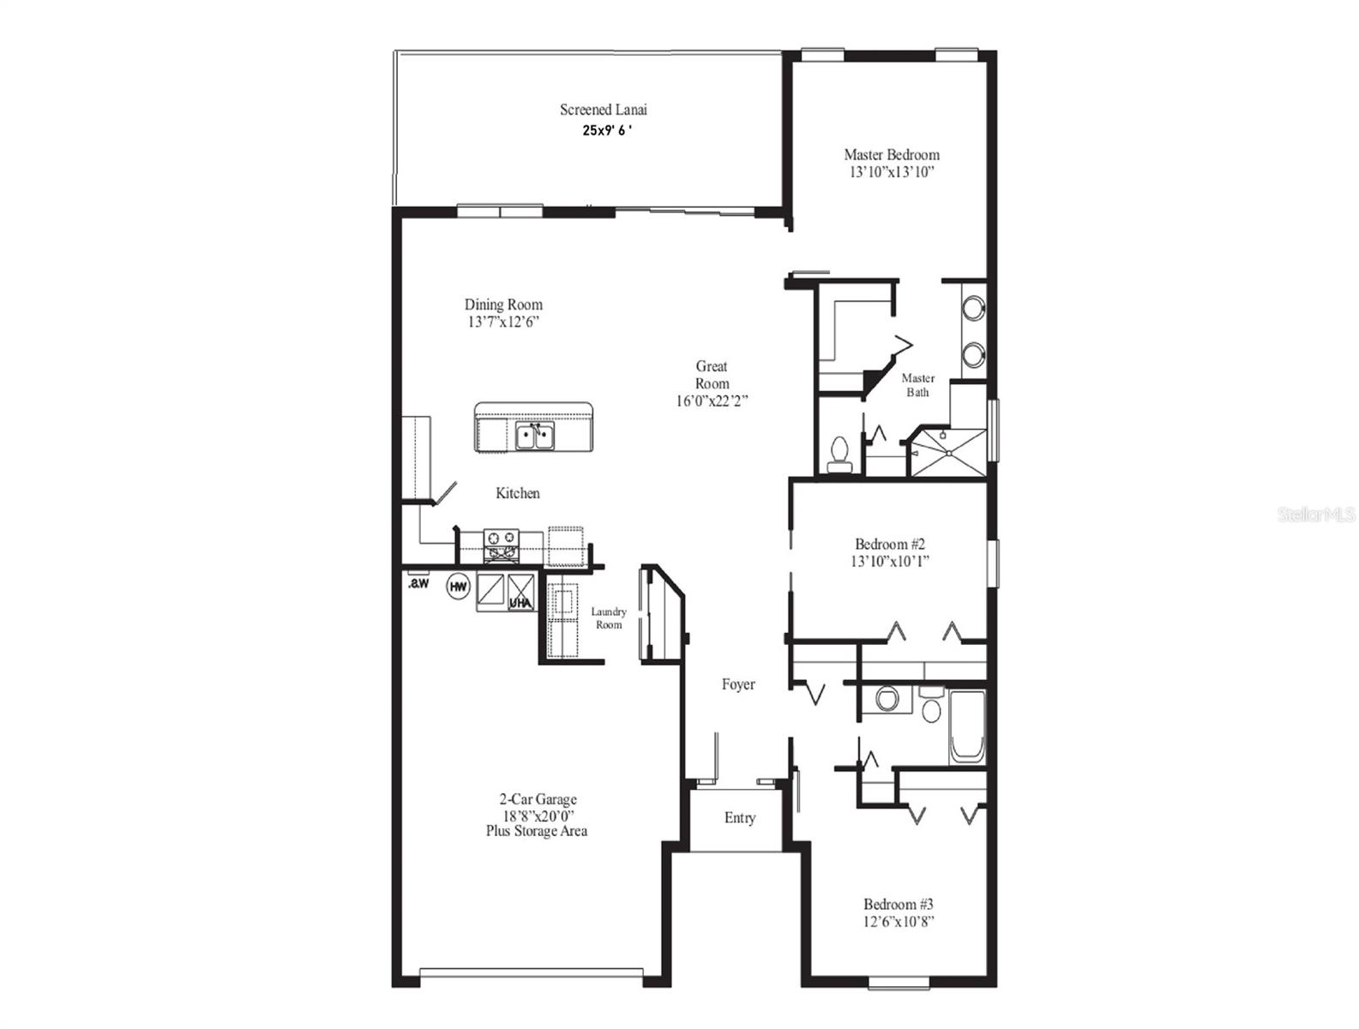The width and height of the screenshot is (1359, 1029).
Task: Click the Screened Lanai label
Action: (x=603, y=110)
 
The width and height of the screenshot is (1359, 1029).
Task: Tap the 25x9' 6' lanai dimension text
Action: (x=608, y=130)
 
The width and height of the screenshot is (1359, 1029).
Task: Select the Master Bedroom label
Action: (x=891, y=154)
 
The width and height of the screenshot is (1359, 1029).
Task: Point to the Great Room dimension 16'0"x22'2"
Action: (x=712, y=400)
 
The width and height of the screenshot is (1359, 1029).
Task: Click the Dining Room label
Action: (x=503, y=304)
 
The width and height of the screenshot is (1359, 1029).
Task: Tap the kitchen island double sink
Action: (x=536, y=436)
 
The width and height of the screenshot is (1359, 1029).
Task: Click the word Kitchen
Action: (x=518, y=493)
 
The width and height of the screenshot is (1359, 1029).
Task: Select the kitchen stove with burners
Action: (x=502, y=546)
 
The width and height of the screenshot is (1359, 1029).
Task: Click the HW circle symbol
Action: (x=459, y=587)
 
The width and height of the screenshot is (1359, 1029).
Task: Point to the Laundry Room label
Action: (x=609, y=618)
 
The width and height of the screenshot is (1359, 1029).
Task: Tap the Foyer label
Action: (x=738, y=684)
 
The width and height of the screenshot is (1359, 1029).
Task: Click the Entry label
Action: (x=739, y=818)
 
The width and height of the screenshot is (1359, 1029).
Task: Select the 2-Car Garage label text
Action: (x=538, y=799)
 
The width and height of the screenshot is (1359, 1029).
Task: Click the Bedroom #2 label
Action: (x=890, y=544)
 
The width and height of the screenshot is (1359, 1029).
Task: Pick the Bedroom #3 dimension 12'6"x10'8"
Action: (x=898, y=922)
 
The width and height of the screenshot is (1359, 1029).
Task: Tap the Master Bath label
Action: (x=917, y=385)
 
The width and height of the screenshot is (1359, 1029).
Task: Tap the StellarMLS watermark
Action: (x=1315, y=514)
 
